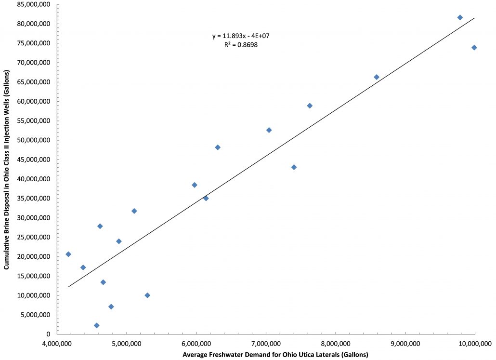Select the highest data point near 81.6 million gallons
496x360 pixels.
click(x=460, y=17)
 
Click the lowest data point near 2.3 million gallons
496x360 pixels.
click(x=96, y=325)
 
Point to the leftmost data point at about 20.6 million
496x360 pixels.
click(x=68, y=254)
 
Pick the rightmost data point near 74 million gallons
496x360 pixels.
click(x=474, y=47)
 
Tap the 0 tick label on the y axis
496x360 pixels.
click(x=49, y=334)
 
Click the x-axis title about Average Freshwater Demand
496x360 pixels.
click(x=275, y=355)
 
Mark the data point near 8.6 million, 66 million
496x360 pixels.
click(x=377, y=77)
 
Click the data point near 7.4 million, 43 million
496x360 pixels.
click(x=294, y=167)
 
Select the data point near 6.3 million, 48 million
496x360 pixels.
click(x=218, y=147)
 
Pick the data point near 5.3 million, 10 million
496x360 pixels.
click(x=147, y=295)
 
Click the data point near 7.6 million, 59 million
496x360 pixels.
click(x=310, y=106)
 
